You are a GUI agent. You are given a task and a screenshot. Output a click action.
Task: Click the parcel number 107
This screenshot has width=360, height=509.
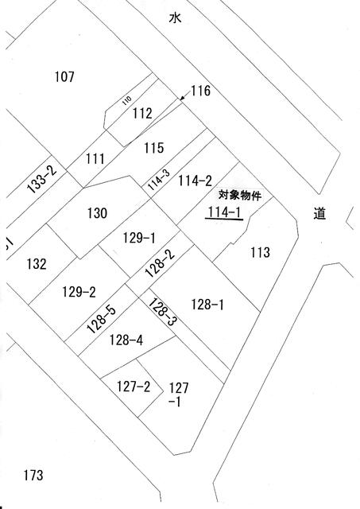pyautogui.click(x=64, y=77)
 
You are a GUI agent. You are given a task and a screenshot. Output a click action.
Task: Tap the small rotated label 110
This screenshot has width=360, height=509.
pyautogui.click(x=127, y=100)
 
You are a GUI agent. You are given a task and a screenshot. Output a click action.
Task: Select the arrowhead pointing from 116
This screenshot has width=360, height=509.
pyautogui.click(x=183, y=97)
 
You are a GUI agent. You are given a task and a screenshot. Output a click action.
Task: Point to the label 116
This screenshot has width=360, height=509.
pyautogui.click(x=200, y=91)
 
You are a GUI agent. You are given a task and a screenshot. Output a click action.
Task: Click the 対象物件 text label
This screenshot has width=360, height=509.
pyautogui.click(x=240, y=196)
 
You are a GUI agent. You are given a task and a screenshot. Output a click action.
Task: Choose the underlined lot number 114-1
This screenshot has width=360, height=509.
pyautogui.click(x=224, y=212)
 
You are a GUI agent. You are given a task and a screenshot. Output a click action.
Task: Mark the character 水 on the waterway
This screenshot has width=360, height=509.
pyautogui.click(x=175, y=17)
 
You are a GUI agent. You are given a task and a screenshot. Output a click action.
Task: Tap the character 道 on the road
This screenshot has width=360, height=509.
pyautogui.click(x=319, y=213)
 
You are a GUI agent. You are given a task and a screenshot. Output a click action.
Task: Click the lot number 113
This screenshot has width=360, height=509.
pyautogui.click(x=260, y=252)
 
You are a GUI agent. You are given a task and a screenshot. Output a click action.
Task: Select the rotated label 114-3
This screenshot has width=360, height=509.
pyautogui.click(x=159, y=181)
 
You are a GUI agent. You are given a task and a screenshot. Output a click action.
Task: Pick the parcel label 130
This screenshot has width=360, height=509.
pyautogui.click(x=97, y=213)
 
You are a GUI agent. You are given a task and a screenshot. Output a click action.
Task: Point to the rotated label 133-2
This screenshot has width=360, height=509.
pyautogui.click(x=41, y=179)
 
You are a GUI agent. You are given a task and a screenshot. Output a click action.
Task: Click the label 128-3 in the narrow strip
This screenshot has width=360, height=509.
pyautogui.click(x=163, y=312)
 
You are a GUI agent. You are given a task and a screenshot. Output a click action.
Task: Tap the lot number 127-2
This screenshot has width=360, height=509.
pyautogui.click(x=134, y=387)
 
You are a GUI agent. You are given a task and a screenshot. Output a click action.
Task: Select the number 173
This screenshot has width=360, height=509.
pyautogui.click(x=33, y=476)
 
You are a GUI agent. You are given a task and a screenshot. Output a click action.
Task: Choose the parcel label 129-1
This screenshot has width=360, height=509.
pyautogui.click(x=139, y=238)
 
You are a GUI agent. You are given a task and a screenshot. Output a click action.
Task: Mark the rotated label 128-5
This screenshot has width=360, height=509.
pyautogui.click(x=101, y=320)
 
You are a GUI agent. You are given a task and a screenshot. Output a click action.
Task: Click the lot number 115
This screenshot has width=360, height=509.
pyautogui.click(x=153, y=148)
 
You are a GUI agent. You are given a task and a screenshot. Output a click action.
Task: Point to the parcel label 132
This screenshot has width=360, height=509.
pyautogui.click(x=37, y=263)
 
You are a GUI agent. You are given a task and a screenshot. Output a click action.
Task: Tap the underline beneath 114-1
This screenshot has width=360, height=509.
pyautogui.click(x=224, y=220)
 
